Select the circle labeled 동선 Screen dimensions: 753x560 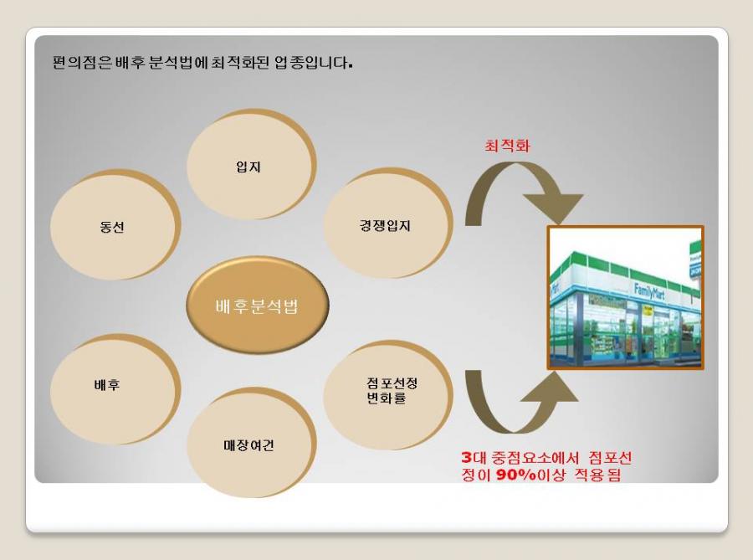[x=115, y=225]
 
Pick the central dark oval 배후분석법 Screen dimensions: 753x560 [x=258, y=305]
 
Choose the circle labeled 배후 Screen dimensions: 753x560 [x=115, y=389]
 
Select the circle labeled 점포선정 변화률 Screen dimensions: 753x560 [x=387, y=395]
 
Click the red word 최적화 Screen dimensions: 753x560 [x=507, y=146]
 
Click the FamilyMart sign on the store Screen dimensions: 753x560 [x=649, y=291]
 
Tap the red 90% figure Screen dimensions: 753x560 [x=515, y=475]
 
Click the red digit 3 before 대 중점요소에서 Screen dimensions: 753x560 [x=466, y=457]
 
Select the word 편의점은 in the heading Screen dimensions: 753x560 [x=82, y=63]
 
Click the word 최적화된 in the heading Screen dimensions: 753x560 [x=240, y=63]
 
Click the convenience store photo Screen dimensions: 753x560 [x=626, y=298]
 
